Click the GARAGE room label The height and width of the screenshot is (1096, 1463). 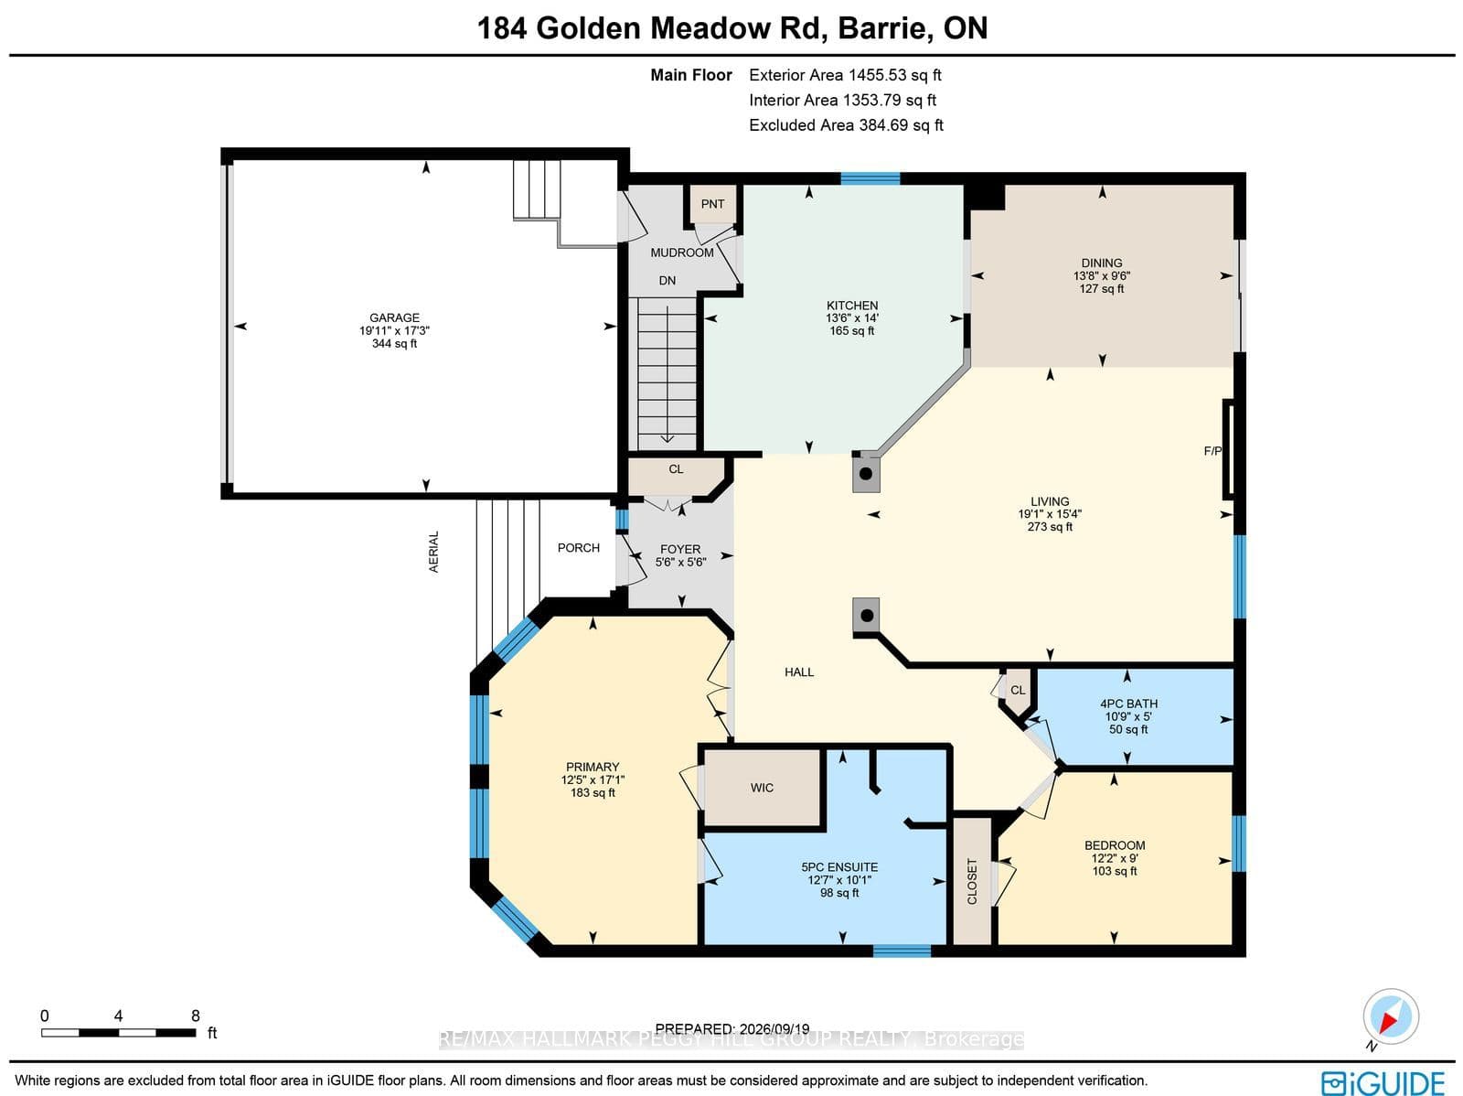(395, 318)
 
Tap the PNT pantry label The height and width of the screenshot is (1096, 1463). (712, 204)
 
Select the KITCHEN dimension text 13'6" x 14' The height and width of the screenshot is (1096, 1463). (852, 318)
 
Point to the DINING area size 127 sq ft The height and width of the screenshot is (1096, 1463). (1102, 289)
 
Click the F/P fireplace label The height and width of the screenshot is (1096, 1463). (1212, 451)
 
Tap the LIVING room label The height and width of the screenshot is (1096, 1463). (1050, 501)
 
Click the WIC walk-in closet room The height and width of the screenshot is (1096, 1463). (762, 788)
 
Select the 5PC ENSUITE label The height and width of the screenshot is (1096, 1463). (839, 867)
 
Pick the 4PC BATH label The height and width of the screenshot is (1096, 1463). (1128, 704)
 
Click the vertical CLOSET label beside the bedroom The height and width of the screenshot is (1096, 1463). (973, 881)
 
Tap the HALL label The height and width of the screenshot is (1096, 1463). (799, 672)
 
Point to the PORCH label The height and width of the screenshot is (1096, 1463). (579, 548)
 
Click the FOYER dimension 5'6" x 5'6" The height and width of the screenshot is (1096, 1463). (680, 562)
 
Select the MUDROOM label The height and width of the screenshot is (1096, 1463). (682, 253)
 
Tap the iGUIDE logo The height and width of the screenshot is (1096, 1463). (1383, 1083)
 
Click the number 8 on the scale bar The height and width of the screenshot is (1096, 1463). (196, 1016)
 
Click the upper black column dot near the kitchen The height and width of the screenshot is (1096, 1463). (866, 474)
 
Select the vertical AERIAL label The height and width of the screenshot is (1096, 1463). (434, 552)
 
